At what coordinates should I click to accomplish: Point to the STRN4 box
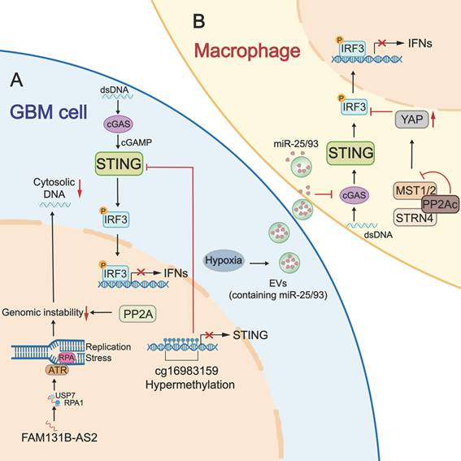[x=394, y=217]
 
